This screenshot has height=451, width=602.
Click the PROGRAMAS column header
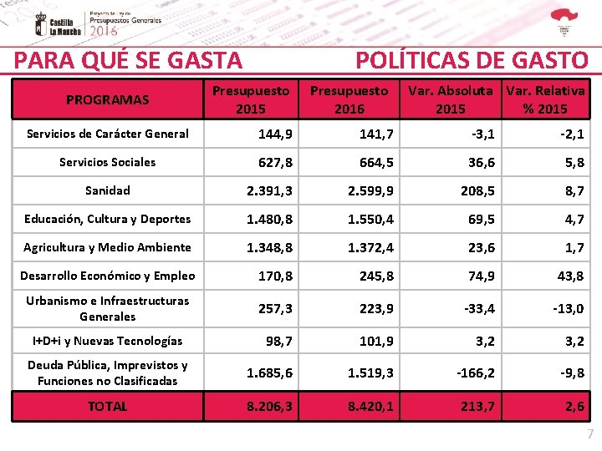click(107, 100)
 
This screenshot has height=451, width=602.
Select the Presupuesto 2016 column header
click(349, 99)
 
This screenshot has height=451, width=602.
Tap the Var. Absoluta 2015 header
click(450, 99)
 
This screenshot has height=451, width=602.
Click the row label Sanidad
click(108, 190)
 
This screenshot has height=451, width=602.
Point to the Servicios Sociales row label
click(108, 162)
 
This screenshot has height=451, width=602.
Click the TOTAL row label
click(108, 407)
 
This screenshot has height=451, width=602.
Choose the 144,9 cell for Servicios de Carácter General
click(275, 134)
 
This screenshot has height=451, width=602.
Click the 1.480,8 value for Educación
click(269, 220)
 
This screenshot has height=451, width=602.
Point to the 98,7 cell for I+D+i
click(278, 341)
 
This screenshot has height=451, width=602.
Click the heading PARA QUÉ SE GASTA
click(129, 60)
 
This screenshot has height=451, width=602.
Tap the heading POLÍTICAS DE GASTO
click(472, 60)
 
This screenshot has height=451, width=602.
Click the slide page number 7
click(589, 434)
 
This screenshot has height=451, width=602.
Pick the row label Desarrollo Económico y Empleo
click(108, 276)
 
